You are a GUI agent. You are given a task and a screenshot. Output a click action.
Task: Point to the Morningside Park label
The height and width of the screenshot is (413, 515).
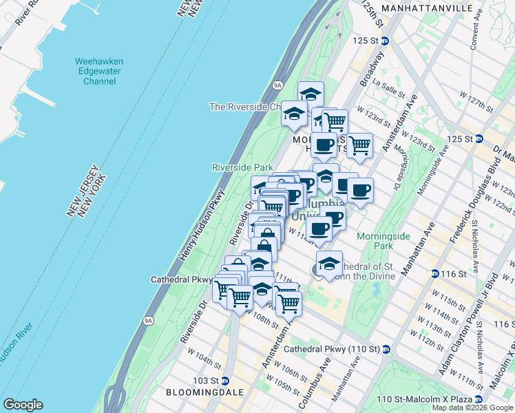pyautogui.click(x=375, y=241)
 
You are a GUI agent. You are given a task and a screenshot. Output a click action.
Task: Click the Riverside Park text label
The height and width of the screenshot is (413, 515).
pyautogui.click(x=242, y=167)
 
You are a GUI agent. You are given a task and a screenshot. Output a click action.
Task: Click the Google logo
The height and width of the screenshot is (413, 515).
pyautogui.click(x=23, y=405)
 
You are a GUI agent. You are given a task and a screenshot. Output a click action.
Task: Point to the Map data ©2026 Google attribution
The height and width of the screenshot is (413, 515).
pyautogui.click(x=473, y=407)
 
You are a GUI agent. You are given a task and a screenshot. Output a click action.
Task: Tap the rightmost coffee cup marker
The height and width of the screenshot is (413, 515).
pyautogui.click(x=360, y=190)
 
